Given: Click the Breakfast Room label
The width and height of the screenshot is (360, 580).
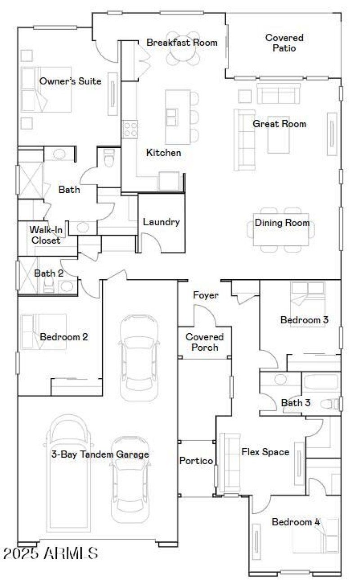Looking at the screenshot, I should (x=182, y=42).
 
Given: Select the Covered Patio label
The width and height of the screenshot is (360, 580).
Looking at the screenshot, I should (x=284, y=43).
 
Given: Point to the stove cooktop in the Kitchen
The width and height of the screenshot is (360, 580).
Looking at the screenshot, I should (x=130, y=129).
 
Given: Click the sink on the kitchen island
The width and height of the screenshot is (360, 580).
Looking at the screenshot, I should (x=172, y=117).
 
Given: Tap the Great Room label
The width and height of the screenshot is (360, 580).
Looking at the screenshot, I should (x=279, y=124).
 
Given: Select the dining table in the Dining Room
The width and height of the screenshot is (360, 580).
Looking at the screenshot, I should (x=282, y=229).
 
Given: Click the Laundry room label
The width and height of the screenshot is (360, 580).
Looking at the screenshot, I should (x=161, y=222).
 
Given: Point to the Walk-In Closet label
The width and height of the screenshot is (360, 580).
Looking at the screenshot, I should (x=45, y=235).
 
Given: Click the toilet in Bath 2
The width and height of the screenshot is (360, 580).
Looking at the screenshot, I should (x=49, y=285).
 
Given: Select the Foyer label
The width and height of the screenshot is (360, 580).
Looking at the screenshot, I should (x=206, y=295).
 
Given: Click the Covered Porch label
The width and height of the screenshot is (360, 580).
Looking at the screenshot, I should (x=205, y=342).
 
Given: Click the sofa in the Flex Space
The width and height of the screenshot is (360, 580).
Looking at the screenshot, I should (x=229, y=462).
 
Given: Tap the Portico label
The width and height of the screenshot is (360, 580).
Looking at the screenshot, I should (x=196, y=461).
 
